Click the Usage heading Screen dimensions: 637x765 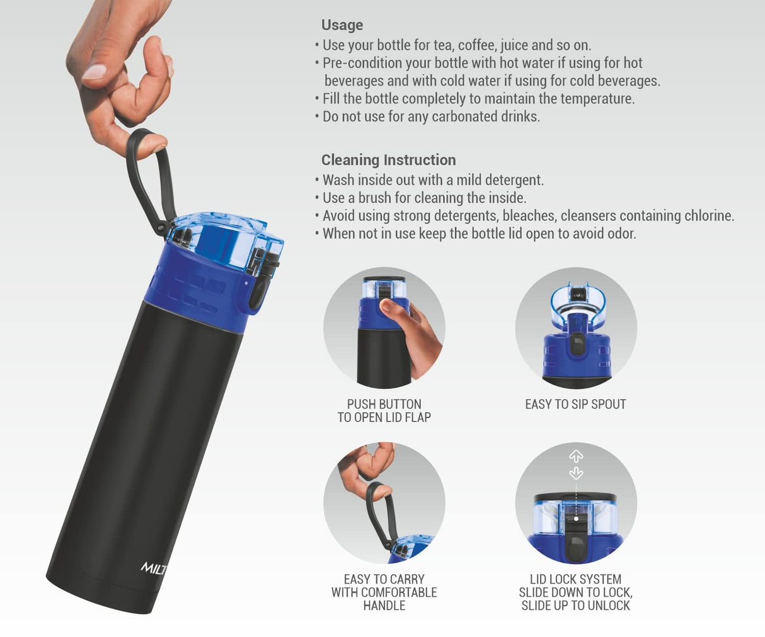tap(342, 25)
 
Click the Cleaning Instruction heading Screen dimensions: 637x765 tap(388, 160)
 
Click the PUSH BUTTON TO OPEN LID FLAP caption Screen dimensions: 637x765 tap(384, 410)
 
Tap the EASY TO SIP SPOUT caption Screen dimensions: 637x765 tap(575, 404)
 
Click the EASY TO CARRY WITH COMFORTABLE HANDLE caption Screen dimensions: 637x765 tap(384, 592)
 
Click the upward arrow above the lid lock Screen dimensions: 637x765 tap(576, 456)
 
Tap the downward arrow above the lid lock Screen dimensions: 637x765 tap(576, 473)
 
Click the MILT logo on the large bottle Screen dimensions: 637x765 tap(153, 569)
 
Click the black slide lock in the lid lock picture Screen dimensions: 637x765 tap(575, 541)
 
